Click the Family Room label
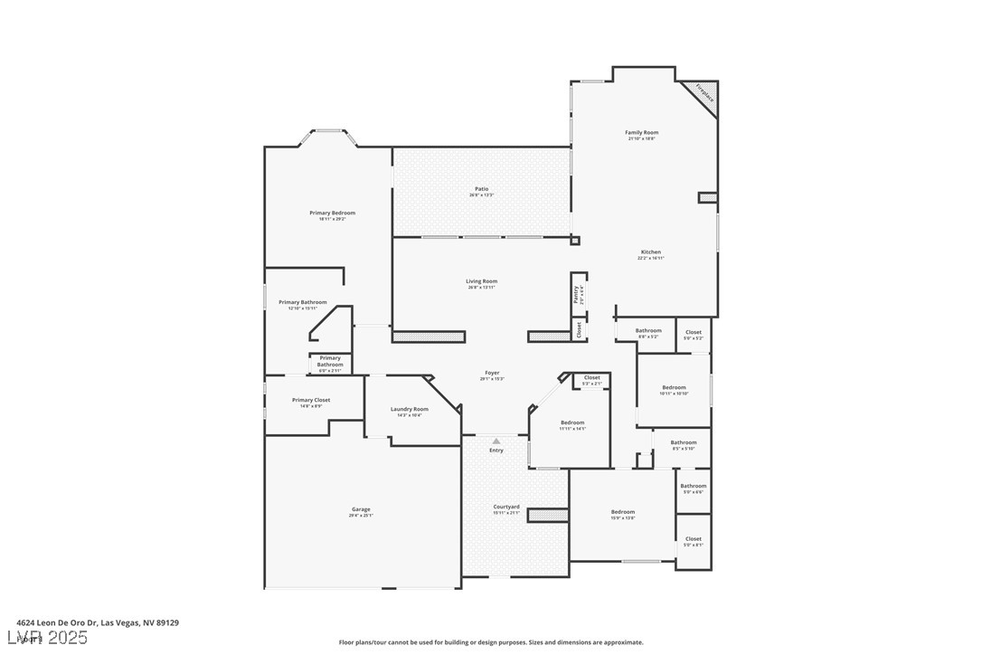click(x=641, y=133)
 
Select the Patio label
click(x=481, y=190)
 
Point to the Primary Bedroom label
click(x=332, y=214)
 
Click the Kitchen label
click(x=650, y=252)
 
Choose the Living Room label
click(x=482, y=281)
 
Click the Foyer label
click(x=492, y=373)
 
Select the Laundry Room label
click(x=409, y=410)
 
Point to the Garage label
click(x=361, y=510)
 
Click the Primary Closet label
click(x=310, y=400)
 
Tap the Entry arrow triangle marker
click(x=496, y=441)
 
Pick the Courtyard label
click(x=506, y=508)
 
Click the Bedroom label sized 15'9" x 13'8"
click(x=622, y=513)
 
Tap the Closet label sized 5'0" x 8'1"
click(x=693, y=540)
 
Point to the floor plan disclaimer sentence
click(x=491, y=642)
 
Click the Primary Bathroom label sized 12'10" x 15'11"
click(x=302, y=303)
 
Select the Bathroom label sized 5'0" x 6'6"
click(x=693, y=487)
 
